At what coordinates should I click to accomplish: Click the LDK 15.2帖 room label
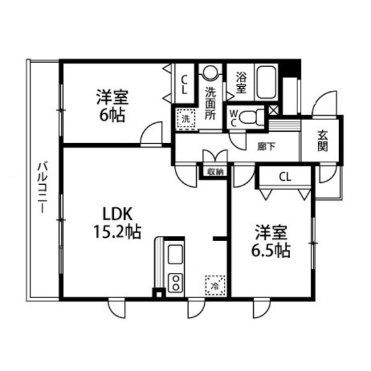(x=117, y=223)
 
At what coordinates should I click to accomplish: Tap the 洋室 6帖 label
(x=112, y=105)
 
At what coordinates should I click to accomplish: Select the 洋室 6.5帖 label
(x=271, y=241)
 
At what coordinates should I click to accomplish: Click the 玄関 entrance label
(x=323, y=140)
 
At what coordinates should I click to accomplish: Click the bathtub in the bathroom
(x=266, y=82)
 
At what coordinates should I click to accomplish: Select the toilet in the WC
(x=252, y=117)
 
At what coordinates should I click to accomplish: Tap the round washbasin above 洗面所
(x=210, y=72)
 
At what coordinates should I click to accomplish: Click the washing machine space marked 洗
(x=186, y=119)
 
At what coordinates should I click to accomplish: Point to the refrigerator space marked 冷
(x=215, y=286)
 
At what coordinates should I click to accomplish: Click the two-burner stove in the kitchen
(x=176, y=283)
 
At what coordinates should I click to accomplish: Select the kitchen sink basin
(x=175, y=254)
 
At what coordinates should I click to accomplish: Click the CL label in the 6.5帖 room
(x=285, y=176)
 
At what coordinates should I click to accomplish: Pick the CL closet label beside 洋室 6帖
(x=184, y=84)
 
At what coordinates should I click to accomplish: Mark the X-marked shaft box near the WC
(x=274, y=110)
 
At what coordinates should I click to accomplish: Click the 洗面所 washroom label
(x=210, y=103)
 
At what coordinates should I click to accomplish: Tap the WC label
(x=233, y=118)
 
